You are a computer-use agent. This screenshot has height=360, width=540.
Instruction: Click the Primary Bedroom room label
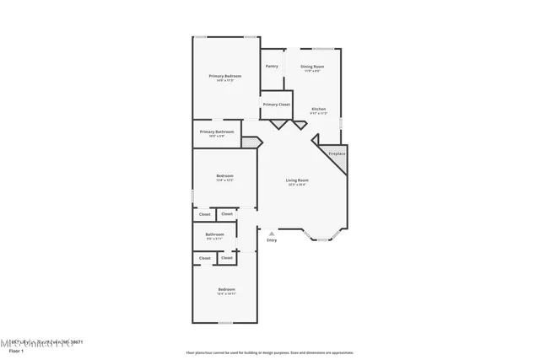[x=225, y=76]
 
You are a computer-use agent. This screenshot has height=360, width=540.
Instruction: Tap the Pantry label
[x=272, y=66]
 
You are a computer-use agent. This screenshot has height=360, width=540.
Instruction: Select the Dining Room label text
[x=314, y=66]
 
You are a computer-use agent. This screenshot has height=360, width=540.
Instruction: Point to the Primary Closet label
[x=276, y=105]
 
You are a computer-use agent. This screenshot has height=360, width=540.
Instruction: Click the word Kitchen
[x=319, y=109]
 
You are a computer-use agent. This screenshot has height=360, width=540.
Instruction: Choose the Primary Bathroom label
[x=217, y=132]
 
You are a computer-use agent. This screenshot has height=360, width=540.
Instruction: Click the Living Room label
[x=297, y=180]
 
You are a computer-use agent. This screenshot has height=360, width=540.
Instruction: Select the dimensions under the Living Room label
[x=297, y=185]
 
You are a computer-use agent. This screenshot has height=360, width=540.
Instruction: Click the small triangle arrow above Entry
[x=271, y=234]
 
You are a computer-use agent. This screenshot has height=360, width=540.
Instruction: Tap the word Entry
[x=272, y=241]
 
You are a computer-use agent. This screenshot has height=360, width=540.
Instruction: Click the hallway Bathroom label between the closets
[x=215, y=234]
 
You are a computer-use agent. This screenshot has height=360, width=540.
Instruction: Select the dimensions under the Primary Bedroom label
[x=225, y=81]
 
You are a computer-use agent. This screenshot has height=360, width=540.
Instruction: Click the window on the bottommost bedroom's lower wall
[x=225, y=323]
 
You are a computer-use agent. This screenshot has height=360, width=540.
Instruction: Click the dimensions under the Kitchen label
[x=319, y=113]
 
